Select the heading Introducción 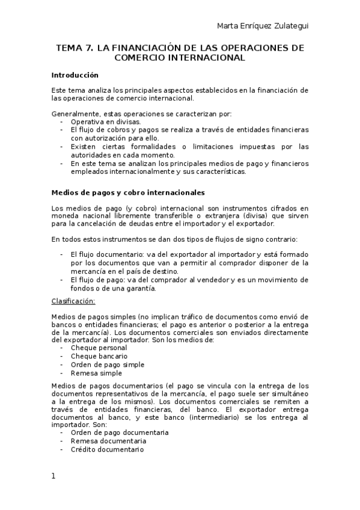click(x=75, y=75)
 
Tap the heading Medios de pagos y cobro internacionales click(x=128, y=192)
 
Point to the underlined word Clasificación click(x=73, y=301)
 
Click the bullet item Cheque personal click(x=99, y=348)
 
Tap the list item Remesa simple click(x=96, y=373)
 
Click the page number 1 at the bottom click(x=53, y=476)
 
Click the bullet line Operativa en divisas click(x=105, y=121)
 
